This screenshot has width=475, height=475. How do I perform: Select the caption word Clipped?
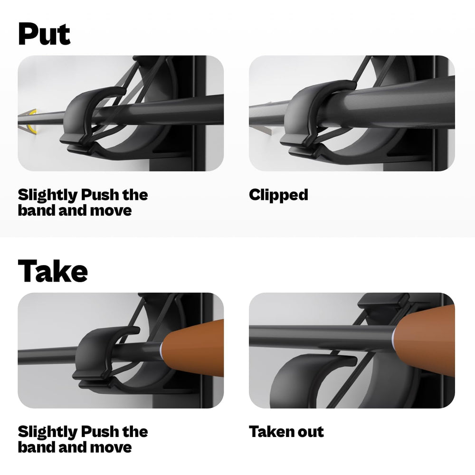(278, 195)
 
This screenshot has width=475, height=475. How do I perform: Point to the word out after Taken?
(311, 432)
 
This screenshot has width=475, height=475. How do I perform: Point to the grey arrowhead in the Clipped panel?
(264, 128)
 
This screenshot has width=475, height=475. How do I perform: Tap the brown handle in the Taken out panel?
(427, 332)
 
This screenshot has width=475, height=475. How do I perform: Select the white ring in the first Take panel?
(161, 351)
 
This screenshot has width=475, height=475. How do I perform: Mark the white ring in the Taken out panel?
(394, 336)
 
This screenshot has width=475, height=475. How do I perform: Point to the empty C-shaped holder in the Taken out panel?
(294, 380)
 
